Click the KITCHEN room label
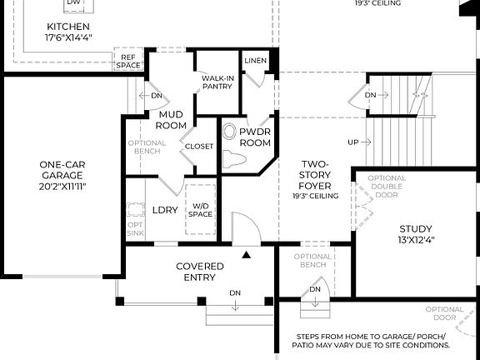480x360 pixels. [x=67, y=27]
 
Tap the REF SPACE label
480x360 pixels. [x=128, y=61]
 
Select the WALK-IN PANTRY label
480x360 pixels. [x=217, y=82]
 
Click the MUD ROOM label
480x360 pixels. [x=171, y=119]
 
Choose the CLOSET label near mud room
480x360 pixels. [x=200, y=147]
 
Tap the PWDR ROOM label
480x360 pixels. [x=255, y=137]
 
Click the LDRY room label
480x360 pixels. [x=165, y=210]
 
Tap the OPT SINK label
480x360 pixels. [x=135, y=228]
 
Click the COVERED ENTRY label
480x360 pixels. [x=200, y=272]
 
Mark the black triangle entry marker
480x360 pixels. [x=246, y=253]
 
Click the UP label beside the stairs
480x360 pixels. [x=353, y=142]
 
